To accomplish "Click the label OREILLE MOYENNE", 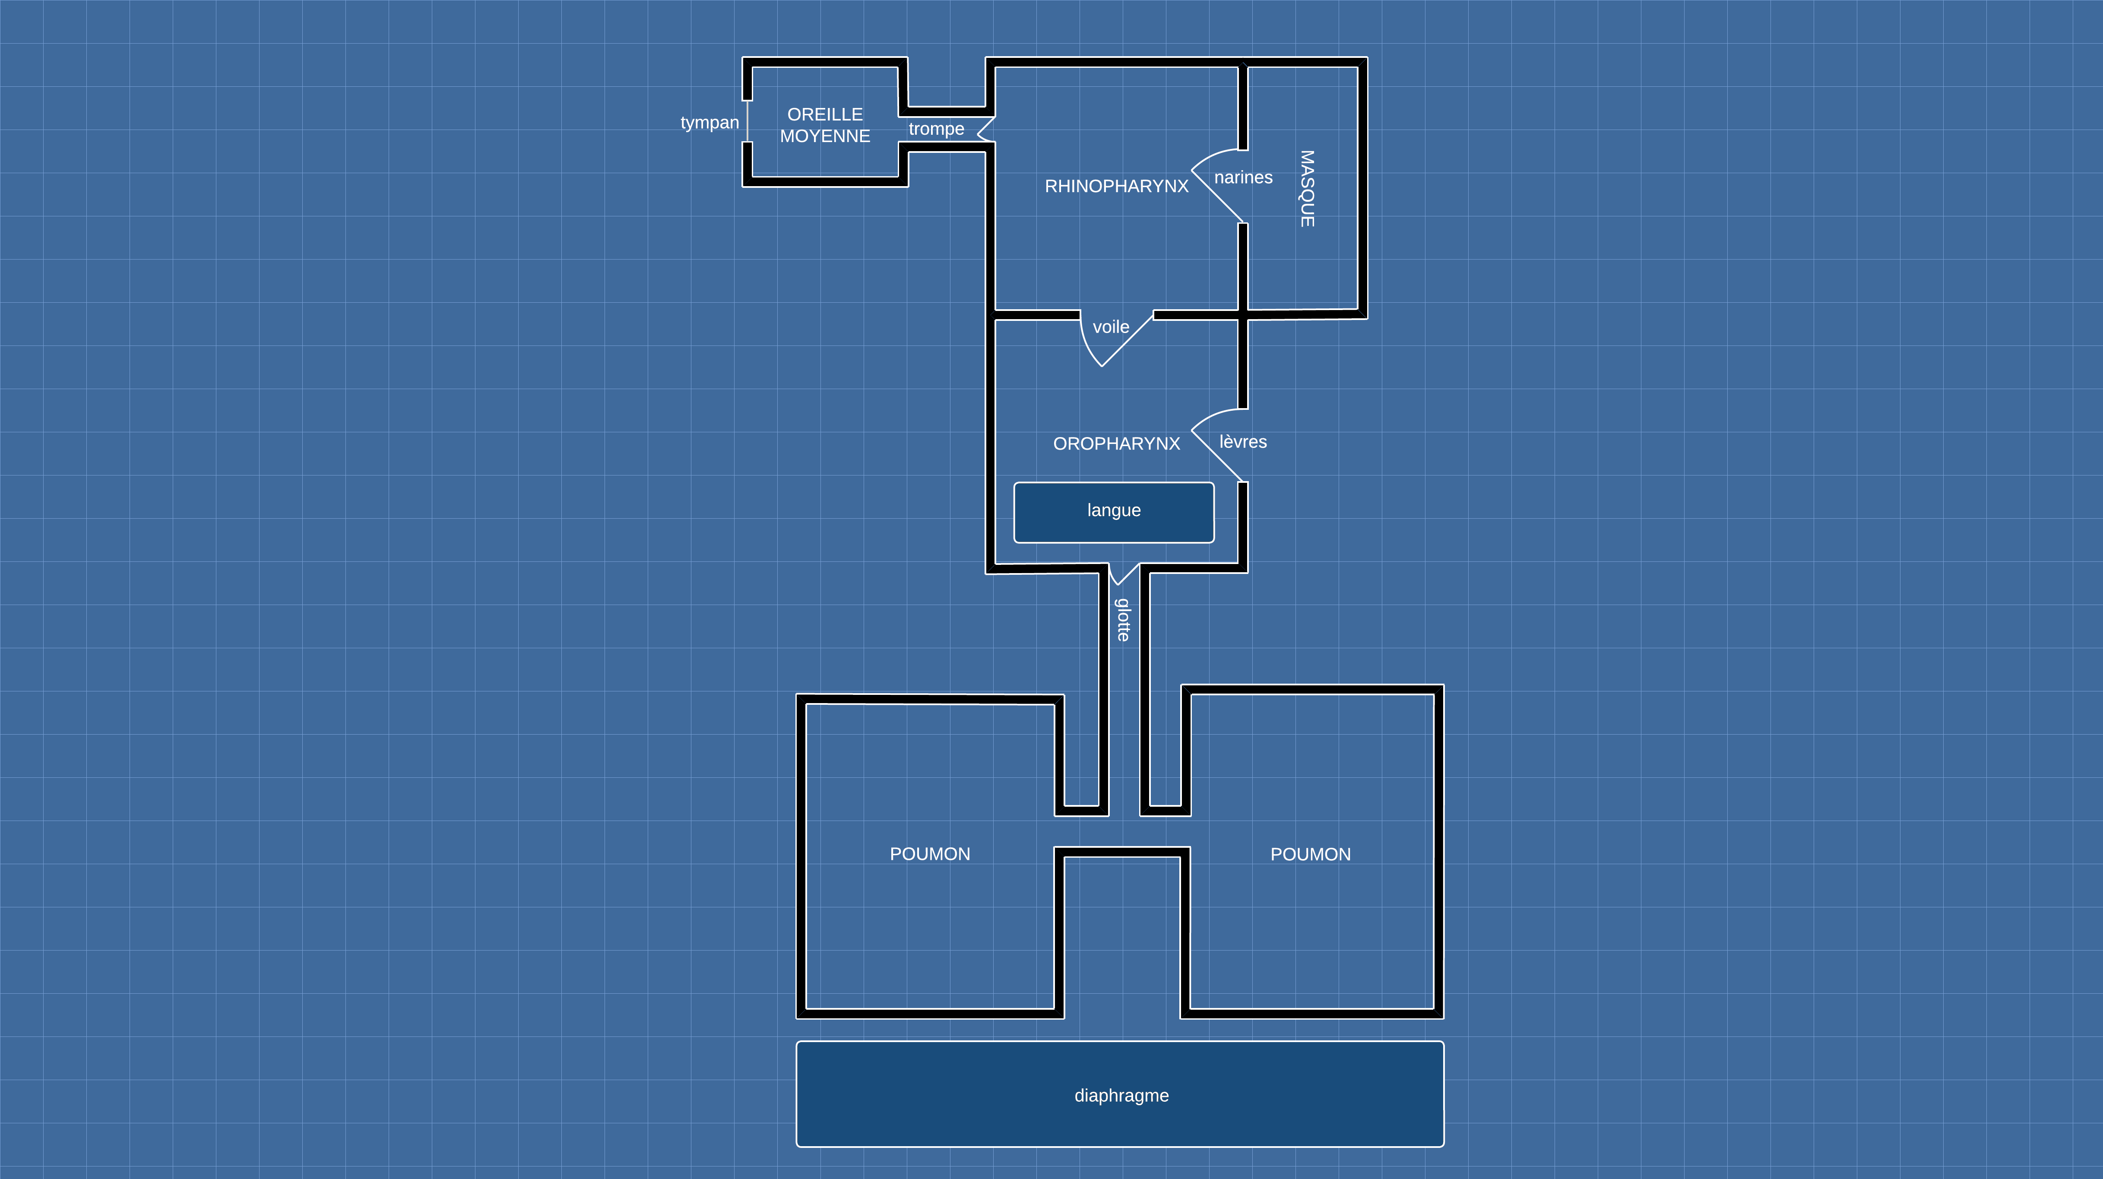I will point(824,125).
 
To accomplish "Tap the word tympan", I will point(709,123).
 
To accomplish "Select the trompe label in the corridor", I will point(936,129).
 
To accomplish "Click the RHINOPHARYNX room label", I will point(1116,186).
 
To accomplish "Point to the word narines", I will point(1242,177).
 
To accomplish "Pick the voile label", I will point(1110,327).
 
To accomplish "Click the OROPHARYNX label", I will point(1116,444).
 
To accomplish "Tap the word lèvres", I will point(1242,442).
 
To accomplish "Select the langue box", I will point(1114,512).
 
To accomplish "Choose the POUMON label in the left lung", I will point(930,854).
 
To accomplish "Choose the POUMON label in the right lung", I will point(1310,854).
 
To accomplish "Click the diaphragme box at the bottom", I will point(1120,1094).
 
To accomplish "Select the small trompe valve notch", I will point(985,129).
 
